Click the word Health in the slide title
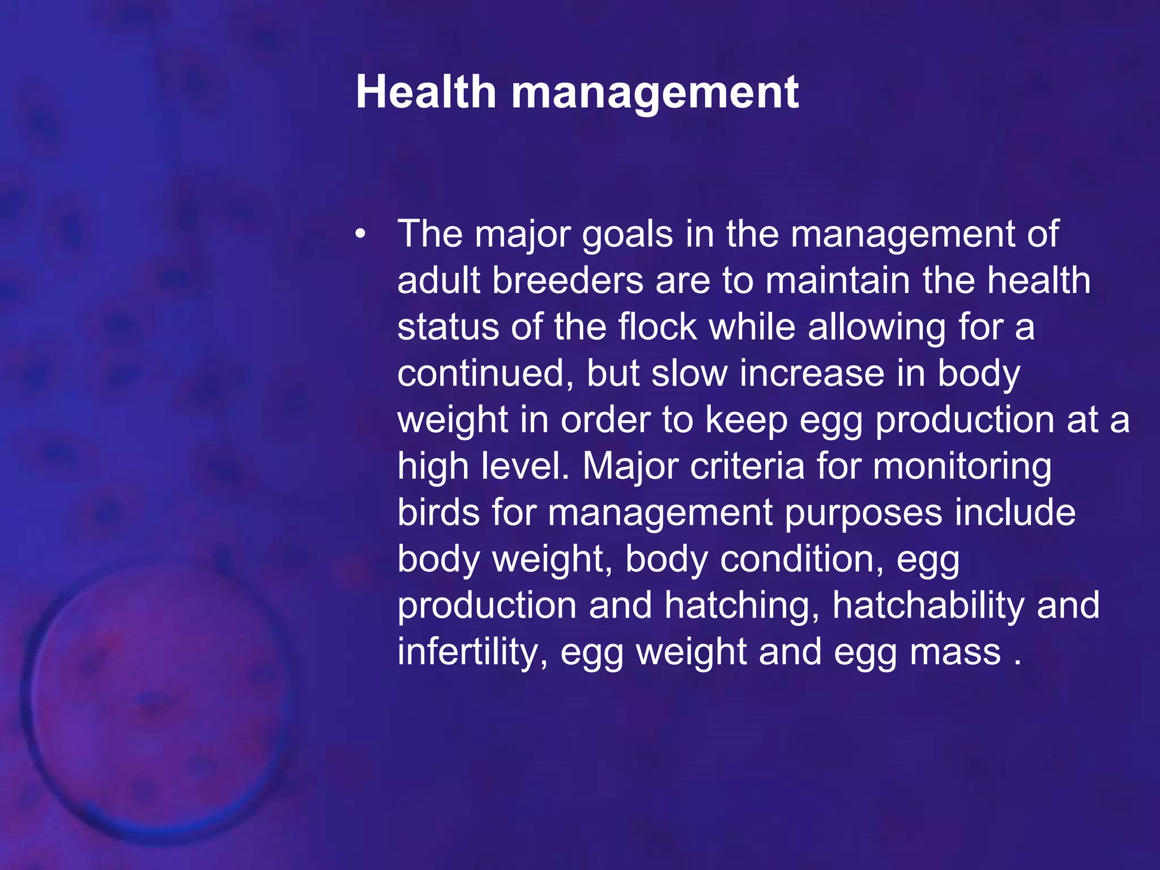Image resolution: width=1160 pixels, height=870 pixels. click(x=426, y=92)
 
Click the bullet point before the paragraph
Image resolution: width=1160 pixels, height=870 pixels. click(x=361, y=234)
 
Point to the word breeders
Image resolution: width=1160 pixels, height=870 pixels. click(x=568, y=281)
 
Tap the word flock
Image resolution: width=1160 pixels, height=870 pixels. click(x=657, y=327)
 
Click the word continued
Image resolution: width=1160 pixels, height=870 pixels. click(x=485, y=374)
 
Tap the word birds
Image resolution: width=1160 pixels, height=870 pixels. click(x=438, y=513)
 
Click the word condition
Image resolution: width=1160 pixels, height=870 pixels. click(x=802, y=560)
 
